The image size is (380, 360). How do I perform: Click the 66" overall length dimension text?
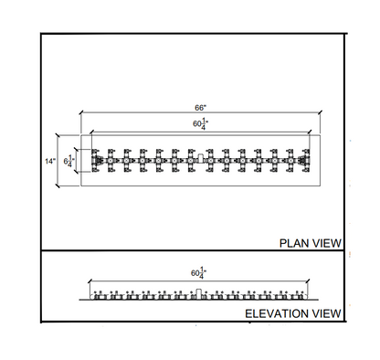[199, 107]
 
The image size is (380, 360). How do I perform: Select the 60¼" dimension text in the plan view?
[198, 122]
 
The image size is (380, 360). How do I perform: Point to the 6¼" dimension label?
[72, 160]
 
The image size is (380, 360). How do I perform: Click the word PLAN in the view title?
[295, 243]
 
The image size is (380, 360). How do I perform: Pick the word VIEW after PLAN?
[326, 243]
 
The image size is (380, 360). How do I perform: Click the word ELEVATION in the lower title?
[276, 313]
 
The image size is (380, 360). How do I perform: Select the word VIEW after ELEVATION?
[325, 313]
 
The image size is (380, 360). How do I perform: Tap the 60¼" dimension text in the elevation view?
[198, 272]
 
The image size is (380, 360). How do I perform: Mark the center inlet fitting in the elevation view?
[197, 292]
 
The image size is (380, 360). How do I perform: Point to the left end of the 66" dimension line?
[80, 114]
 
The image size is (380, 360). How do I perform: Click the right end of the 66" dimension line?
[320, 114]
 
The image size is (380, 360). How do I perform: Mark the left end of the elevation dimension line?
[90, 281]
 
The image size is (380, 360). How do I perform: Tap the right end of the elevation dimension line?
[307, 281]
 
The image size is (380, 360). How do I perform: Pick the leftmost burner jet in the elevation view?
[97, 294]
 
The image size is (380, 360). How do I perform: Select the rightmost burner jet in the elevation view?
[301, 294]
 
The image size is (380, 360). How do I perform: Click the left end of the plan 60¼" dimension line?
[90, 131]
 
